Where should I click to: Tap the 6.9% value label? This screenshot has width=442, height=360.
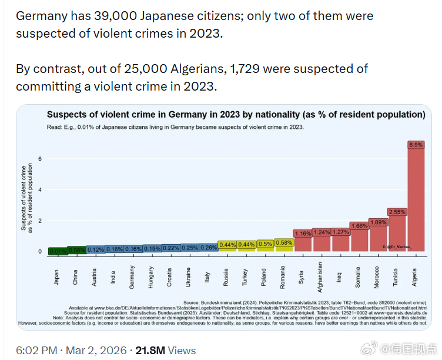[416, 144]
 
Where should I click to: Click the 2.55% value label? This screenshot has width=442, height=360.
[397, 211]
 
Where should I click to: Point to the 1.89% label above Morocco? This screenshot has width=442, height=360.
[378, 222]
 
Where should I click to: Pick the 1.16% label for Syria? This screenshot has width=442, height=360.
[303, 234]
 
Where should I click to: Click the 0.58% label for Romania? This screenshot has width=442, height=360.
[284, 242]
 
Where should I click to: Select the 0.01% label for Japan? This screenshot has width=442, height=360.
[57, 251]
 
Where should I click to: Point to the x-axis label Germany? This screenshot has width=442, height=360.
[132, 276]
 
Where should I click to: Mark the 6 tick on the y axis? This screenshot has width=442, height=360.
[40, 159]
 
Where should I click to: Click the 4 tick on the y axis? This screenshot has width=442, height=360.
[40, 190]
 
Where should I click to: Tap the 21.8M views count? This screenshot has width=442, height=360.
[150, 350]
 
